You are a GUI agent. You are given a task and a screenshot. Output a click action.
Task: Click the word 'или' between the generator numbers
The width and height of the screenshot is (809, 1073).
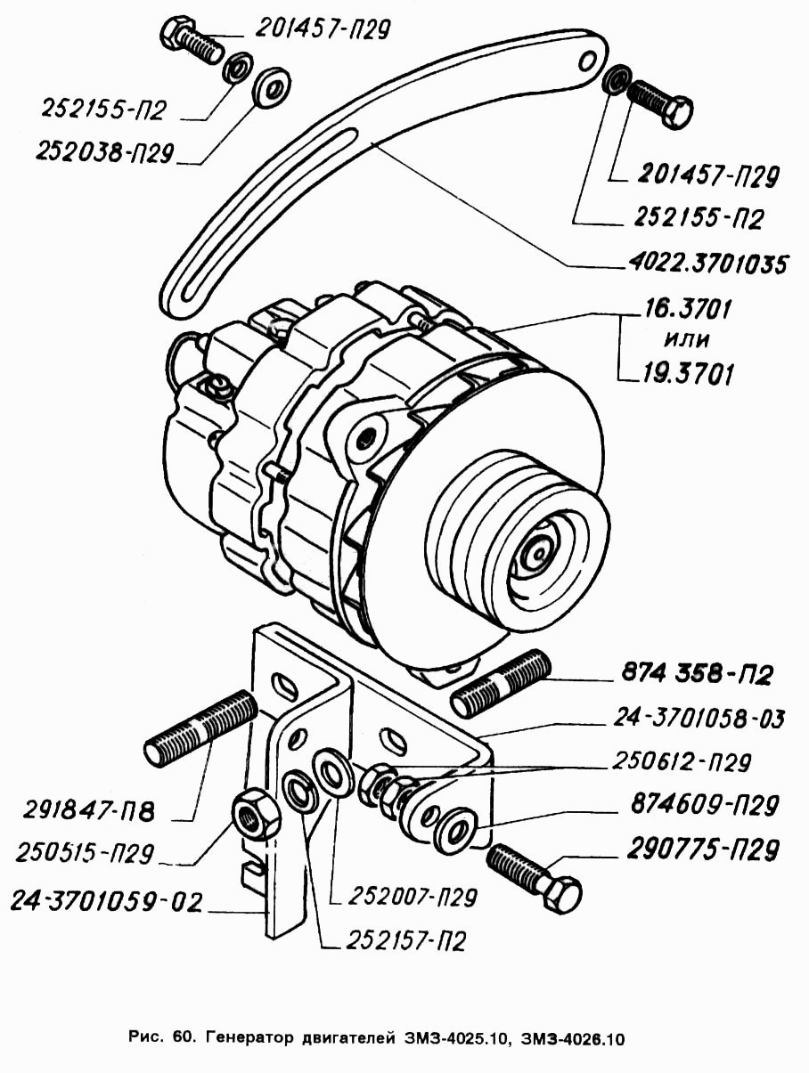[x=689, y=341]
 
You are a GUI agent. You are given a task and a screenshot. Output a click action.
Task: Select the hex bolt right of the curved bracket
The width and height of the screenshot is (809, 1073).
[x=661, y=102]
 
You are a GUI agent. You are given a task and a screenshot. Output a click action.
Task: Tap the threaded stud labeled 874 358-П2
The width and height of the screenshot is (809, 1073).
[x=503, y=684]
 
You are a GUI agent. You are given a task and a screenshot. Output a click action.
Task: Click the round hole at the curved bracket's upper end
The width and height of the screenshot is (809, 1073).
[x=587, y=61]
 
